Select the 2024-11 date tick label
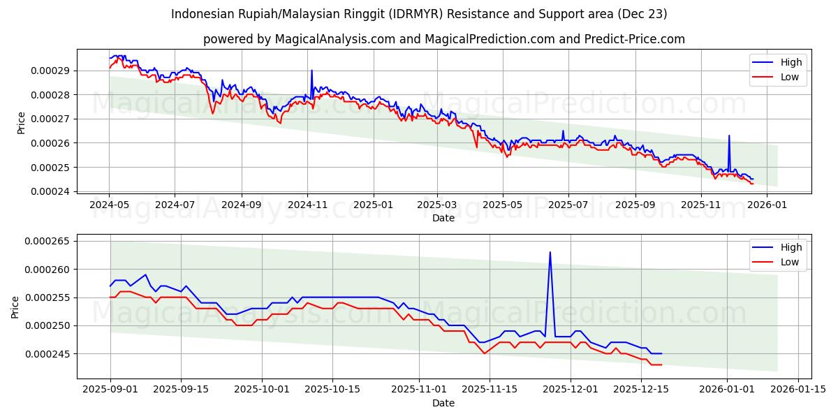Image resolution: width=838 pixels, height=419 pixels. (x=307, y=205)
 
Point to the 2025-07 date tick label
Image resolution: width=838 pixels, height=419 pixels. (x=568, y=205)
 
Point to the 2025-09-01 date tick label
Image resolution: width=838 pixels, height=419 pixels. (x=110, y=390)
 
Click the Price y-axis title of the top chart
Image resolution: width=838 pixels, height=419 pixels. (x=21, y=122)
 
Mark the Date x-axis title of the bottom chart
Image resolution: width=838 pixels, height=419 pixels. (x=443, y=403)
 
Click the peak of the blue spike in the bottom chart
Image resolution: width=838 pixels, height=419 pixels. (x=550, y=252)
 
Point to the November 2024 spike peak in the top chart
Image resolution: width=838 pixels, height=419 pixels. (x=311, y=70)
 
